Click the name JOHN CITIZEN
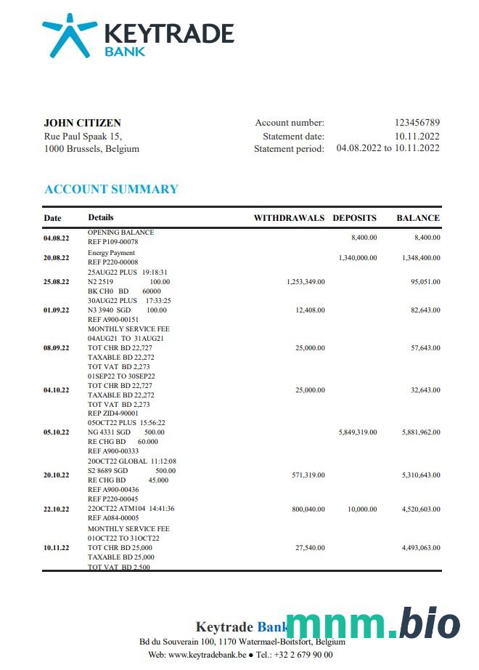[x=82, y=123]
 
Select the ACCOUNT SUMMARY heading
[x=111, y=189]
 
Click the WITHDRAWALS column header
[x=289, y=218]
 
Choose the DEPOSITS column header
[x=354, y=218]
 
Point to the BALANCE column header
[x=418, y=218]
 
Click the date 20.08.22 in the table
[x=57, y=258]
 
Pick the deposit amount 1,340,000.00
[x=358, y=258]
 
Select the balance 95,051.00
[x=423, y=281]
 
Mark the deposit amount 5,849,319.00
[x=358, y=432]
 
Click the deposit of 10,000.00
[x=362, y=509]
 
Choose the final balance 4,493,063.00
[x=421, y=548]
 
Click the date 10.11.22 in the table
[x=57, y=548]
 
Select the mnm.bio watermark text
[x=373, y=624]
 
